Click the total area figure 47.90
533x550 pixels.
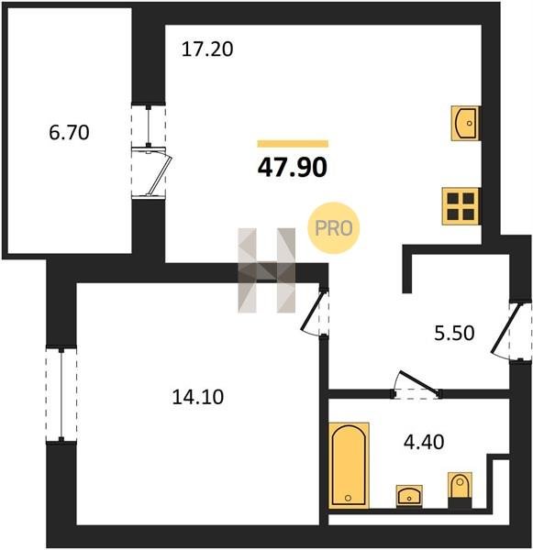point(292,168)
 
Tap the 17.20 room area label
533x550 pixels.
point(207,49)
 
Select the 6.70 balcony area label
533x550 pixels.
point(69,133)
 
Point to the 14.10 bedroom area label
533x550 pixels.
point(197,397)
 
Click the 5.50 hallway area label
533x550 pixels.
point(454,333)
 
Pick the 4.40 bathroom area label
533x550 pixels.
point(424,442)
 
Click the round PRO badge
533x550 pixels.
point(334,228)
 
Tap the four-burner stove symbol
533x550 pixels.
point(461,206)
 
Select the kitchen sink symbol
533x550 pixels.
point(465,123)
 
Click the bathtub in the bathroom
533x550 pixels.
point(349,466)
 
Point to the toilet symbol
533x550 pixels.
point(460,489)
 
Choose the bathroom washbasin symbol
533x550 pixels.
point(409,496)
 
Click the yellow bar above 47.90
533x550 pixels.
point(293,144)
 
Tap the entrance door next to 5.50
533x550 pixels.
point(505,332)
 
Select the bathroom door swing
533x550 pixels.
point(417,385)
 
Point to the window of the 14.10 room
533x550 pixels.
point(61,394)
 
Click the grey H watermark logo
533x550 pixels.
point(266,270)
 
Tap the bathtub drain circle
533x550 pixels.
point(348,498)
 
